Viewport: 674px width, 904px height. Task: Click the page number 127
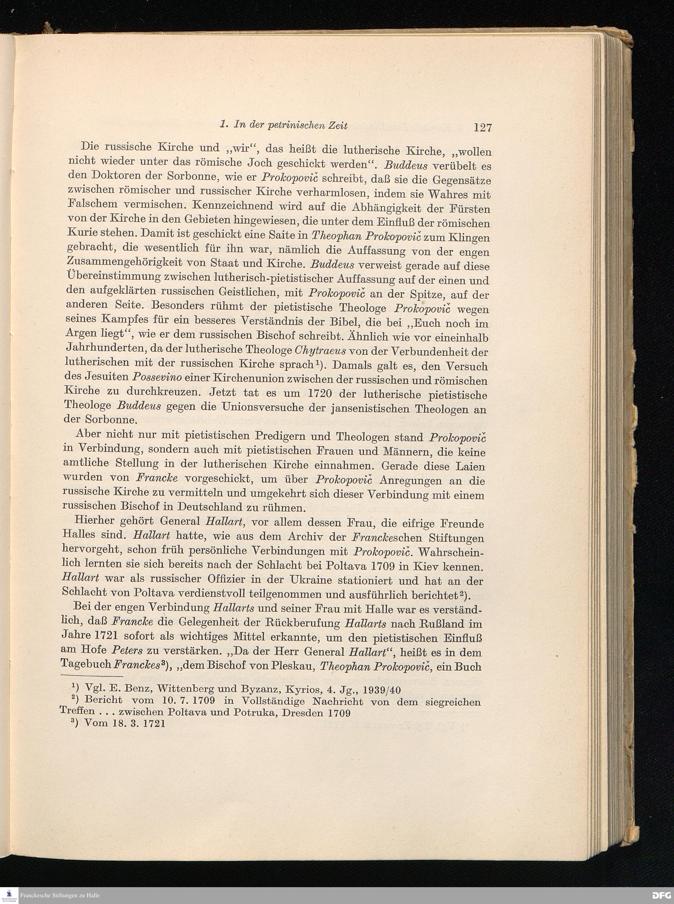483,128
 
